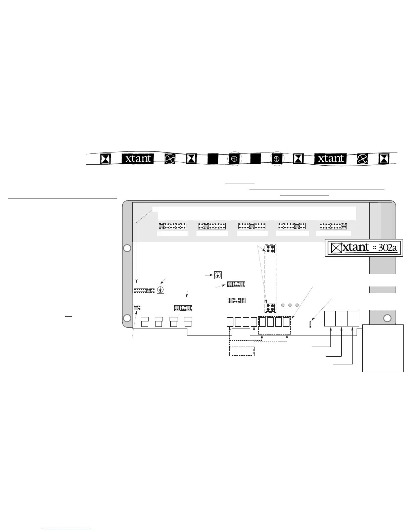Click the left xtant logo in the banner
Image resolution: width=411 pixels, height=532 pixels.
coord(138,159)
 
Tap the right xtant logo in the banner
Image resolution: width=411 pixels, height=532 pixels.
coord(330,159)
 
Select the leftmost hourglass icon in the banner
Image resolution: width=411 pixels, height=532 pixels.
coord(106,159)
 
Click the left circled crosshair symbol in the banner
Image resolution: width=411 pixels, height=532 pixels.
coord(235,159)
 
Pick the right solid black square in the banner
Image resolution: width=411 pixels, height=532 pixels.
coord(256,159)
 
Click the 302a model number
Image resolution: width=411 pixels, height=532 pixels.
coord(387,248)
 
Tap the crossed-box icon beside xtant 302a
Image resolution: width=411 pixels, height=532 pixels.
coord(336,248)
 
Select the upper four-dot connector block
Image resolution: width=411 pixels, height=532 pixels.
coord(270,249)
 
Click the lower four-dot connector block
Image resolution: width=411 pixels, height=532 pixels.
coord(270,308)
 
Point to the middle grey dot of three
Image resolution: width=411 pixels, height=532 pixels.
coord(290,305)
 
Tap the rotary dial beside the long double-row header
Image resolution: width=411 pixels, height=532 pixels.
coord(161,290)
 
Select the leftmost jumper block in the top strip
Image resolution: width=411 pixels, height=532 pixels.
coord(173,226)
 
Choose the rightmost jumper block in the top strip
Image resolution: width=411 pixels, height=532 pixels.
coord(333,226)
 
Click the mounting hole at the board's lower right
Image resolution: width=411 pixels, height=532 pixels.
coord(387,318)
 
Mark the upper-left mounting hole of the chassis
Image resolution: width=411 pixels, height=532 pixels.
coord(127,248)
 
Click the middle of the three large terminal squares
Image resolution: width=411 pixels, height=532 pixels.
coord(341,319)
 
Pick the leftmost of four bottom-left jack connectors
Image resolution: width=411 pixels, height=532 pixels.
coord(145,321)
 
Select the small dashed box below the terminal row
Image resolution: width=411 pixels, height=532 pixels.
coord(242,351)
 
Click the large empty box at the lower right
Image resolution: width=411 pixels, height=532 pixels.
coord(383,348)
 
